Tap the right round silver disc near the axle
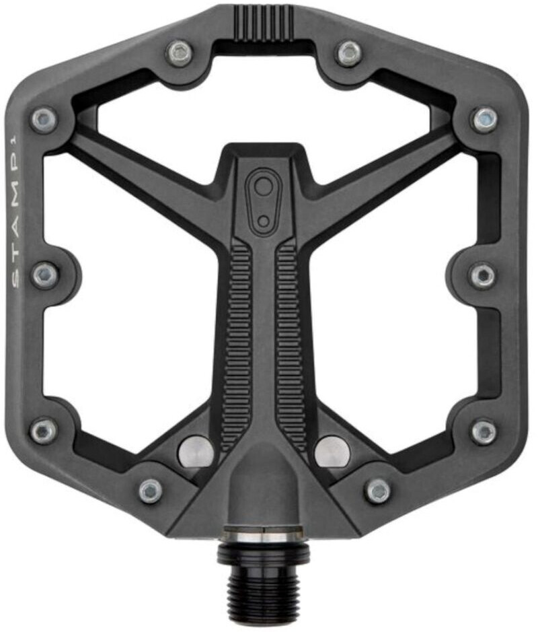click(332, 451)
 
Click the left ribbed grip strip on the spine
click(237, 343)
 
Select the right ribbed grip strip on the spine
click(291, 343)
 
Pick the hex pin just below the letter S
click(45, 275)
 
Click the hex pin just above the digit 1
click(44, 120)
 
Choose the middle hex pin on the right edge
click(483, 275)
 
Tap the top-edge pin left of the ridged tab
click(180, 52)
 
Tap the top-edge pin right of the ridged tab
click(348, 52)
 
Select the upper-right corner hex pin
click(484, 120)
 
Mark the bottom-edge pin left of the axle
click(151, 490)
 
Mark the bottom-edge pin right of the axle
click(378, 490)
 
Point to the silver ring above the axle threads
click(263, 536)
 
